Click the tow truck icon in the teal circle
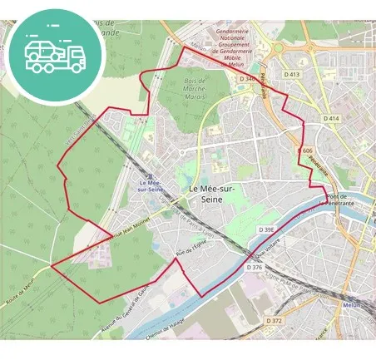55,52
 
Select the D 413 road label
291,74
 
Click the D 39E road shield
266,229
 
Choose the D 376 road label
255,267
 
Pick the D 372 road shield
275,321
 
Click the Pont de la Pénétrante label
342,200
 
